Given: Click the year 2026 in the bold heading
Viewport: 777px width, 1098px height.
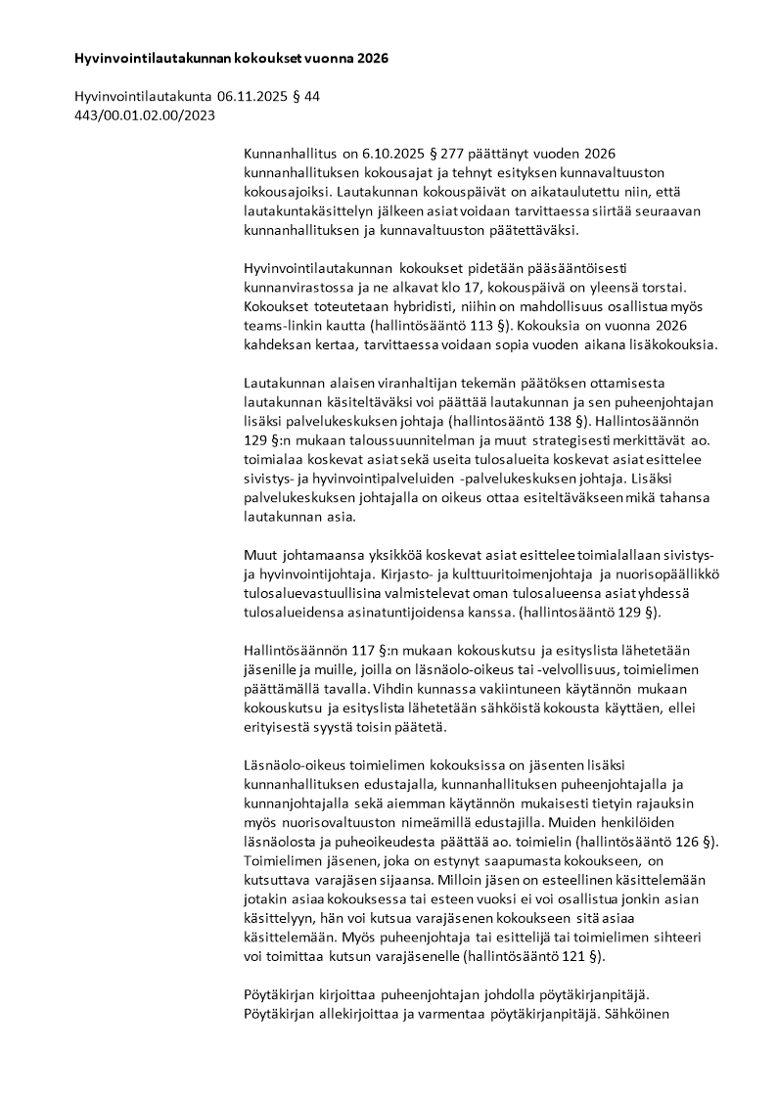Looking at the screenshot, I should (x=371, y=59).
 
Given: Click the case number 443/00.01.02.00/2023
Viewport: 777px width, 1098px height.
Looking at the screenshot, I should (x=144, y=114).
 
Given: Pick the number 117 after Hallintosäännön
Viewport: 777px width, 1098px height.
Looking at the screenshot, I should (x=344, y=653).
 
